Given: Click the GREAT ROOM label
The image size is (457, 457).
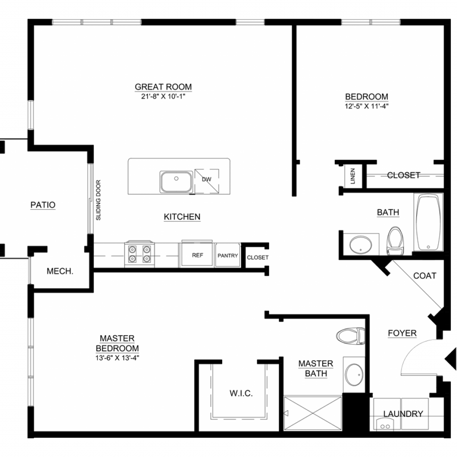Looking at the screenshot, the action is (163, 87).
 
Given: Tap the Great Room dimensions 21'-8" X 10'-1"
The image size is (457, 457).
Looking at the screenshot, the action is (163, 96).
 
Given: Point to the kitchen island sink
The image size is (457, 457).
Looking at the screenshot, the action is (176, 182).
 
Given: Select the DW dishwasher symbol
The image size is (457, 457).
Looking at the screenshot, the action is (207, 181).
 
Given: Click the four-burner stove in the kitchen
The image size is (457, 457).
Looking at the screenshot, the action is (139, 254).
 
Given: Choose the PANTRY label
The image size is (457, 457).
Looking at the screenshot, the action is (228, 256).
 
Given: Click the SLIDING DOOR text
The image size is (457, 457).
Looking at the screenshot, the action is (98, 200).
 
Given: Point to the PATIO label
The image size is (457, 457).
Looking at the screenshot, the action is (43, 205).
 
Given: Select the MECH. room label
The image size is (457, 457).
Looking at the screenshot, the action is (60, 271).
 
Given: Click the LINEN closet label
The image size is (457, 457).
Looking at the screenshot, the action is (353, 176).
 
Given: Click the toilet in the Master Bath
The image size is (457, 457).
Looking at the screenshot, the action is (351, 336).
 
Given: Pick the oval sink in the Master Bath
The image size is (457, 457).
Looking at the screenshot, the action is (354, 375).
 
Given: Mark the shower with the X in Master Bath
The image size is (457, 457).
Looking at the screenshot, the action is (312, 413).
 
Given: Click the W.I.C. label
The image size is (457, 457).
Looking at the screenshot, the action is (241, 394).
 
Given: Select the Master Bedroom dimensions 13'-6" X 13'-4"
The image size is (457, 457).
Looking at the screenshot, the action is (117, 358).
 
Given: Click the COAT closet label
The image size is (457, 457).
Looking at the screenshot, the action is (425, 276).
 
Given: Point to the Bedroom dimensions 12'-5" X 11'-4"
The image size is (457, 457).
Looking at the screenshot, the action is (367, 106).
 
